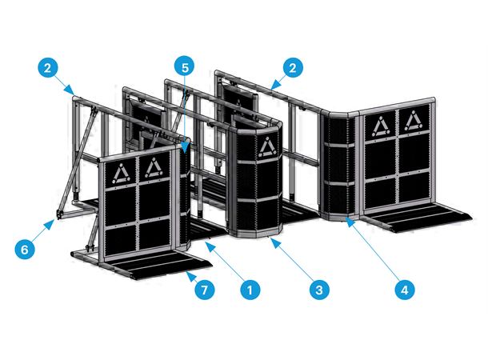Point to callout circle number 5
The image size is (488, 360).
tap(185, 68)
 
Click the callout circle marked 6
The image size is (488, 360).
tap(26, 249)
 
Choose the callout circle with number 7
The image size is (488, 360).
tap(206, 290)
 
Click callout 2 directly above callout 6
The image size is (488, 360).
tap(48, 68)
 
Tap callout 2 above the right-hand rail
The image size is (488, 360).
tap(294, 68)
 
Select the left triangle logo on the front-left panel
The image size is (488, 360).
tap(121, 172)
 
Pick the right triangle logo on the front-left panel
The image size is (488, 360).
tap(152, 169)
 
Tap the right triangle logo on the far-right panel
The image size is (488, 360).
tap(413, 121)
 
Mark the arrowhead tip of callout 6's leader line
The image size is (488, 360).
tap(55, 217)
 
